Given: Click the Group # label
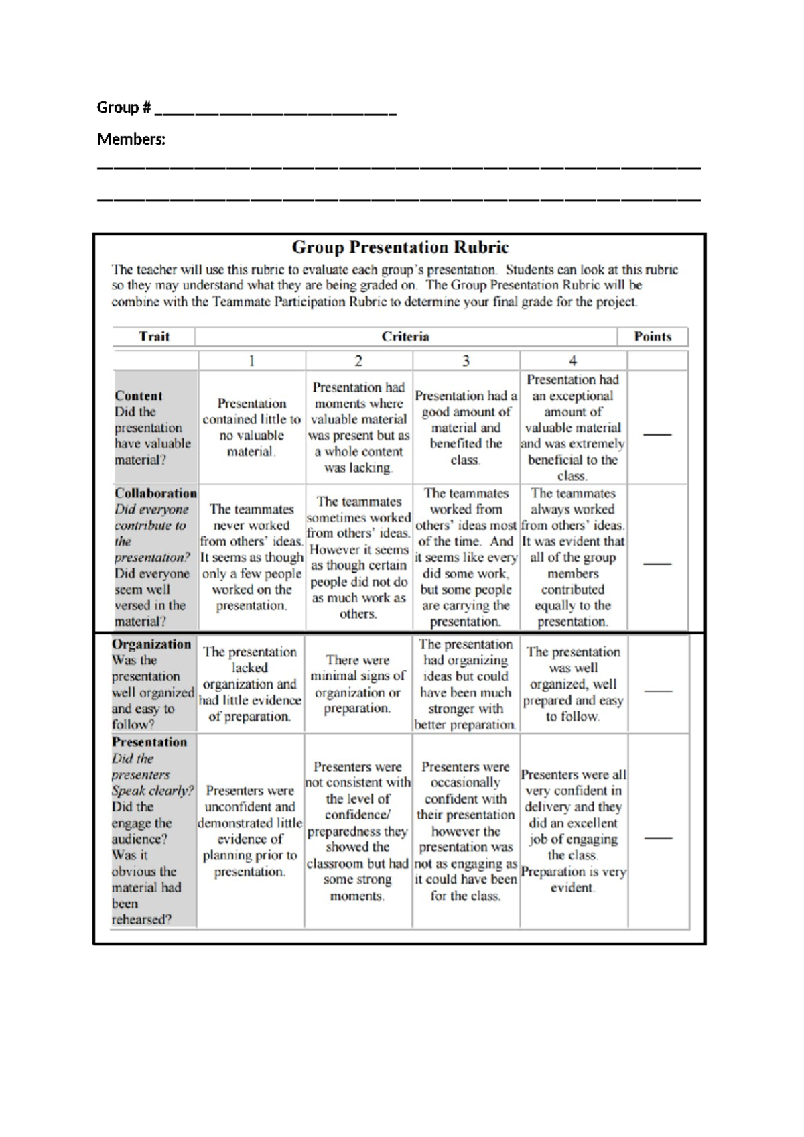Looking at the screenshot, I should (x=124, y=107).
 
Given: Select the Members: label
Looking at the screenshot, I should (x=131, y=139).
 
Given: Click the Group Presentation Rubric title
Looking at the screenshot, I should (x=400, y=247).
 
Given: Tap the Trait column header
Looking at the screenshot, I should (x=154, y=337).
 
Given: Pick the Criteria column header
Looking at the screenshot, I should (x=405, y=337).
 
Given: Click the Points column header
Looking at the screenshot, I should (x=653, y=337).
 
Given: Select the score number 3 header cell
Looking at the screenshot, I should (x=466, y=361).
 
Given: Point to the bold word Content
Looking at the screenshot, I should (x=139, y=396).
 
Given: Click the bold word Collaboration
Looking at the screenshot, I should (x=155, y=493).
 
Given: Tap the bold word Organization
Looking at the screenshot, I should (x=151, y=644).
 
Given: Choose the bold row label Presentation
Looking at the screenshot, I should (x=149, y=742).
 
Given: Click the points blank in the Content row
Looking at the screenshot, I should (x=657, y=434).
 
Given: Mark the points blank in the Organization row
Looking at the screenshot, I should (x=657, y=690).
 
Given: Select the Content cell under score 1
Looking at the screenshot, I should (x=251, y=428).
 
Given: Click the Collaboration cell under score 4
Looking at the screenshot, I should (x=572, y=557).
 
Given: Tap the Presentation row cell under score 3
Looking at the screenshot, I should (x=465, y=831).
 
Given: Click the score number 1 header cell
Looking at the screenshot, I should (x=251, y=361).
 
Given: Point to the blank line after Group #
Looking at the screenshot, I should (x=275, y=113).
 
